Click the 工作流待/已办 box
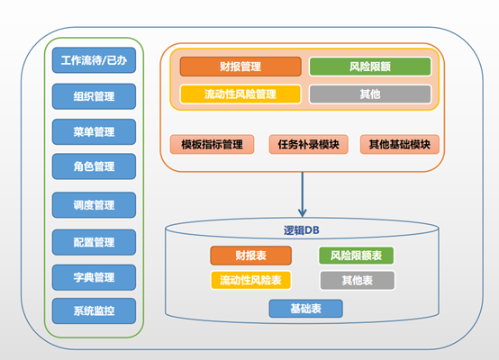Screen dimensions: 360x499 (94, 61)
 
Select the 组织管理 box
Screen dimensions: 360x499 (94, 96)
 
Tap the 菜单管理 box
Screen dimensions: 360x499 (94, 131)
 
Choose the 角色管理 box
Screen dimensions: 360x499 (94, 166)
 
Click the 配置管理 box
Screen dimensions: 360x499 (94, 242)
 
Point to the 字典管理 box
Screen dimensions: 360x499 (94, 276)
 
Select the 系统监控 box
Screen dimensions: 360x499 (94, 311)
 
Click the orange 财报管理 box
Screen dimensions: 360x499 (240, 67)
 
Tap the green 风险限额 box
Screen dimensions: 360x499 (369, 67)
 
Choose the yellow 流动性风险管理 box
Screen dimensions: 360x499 (240, 94)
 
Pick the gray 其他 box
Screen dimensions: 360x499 (369, 94)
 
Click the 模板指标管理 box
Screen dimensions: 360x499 (212, 144)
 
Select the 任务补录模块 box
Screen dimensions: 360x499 (308, 144)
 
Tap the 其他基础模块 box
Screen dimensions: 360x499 (399, 144)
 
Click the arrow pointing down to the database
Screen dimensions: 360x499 (303, 193)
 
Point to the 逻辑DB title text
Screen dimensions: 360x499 (302, 230)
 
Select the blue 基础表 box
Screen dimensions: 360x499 (305, 309)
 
